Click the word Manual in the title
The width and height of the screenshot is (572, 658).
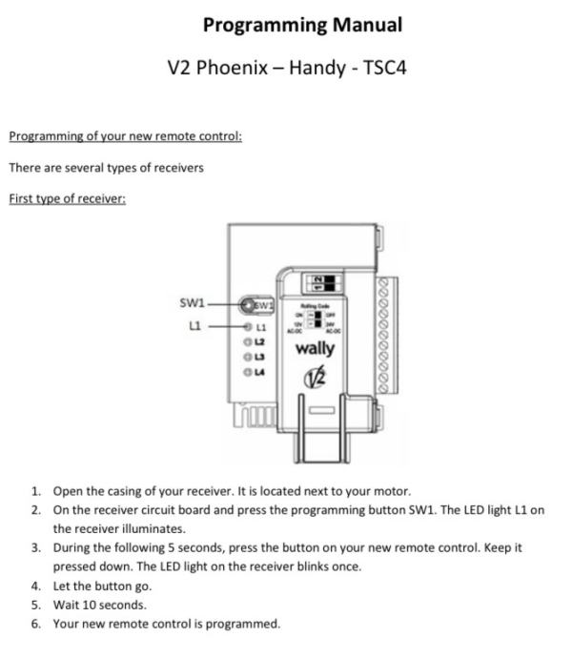(356, 24)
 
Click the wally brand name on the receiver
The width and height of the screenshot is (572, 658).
(315, 348)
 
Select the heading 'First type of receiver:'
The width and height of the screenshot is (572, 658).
(67, 198)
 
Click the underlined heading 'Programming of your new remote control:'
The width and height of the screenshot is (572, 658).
(125, 136)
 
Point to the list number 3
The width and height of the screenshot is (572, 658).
(35, 547)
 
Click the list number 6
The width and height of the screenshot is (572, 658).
(35, 624)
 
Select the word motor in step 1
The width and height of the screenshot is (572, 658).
(391, 491)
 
